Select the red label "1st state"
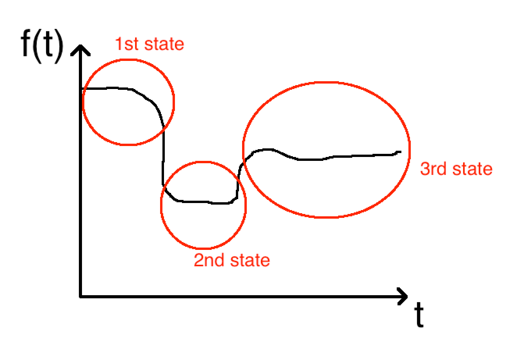(x=149, y=44)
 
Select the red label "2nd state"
(x=232, y=260)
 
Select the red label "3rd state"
(x=456, y=169)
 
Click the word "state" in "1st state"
(x=164, y=44)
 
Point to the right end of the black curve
(x=400, y=151)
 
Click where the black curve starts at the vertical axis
(x=83, y=89)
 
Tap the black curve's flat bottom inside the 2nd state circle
(x=203, y=202)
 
